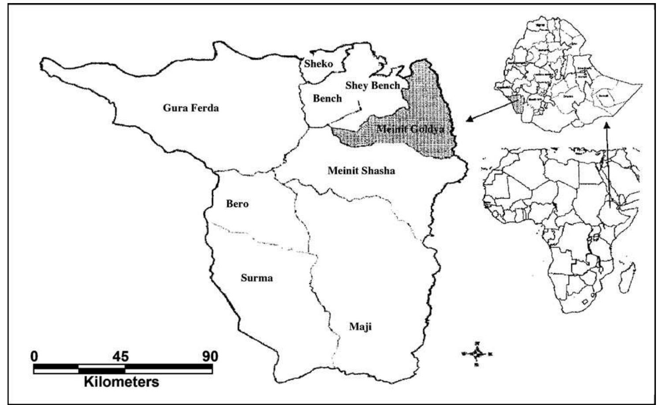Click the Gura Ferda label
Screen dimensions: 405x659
(190, 108)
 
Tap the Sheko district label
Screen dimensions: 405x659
(318, 64)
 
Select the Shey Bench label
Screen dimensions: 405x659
(372, 85)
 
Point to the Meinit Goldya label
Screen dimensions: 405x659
(410, 129)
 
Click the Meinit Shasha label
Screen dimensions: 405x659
(361, 171)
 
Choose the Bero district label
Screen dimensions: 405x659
(237, 204)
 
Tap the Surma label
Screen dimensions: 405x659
(257, 278)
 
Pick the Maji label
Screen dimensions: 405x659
(360, 327)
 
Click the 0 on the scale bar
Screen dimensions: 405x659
(34, 356)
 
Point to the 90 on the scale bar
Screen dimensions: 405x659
(208, 356)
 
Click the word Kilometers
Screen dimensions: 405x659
(121, 381)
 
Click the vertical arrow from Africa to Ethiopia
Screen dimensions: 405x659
(607, 167)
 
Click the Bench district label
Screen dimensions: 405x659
(327, 98)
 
